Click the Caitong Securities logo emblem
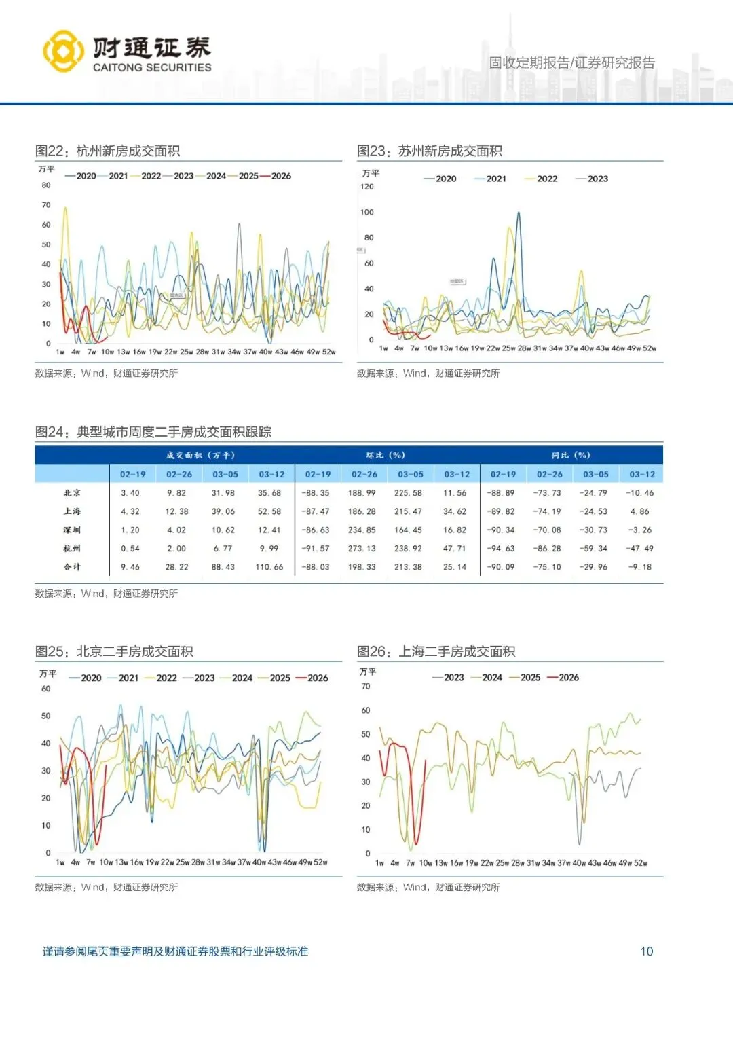pos(63,51)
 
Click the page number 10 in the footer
pos(646,951)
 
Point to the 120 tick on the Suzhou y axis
pos(366,187)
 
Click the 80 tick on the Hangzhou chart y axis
pos(46,185)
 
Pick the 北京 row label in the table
pos(72,493)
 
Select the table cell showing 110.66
pos(269,567)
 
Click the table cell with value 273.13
pos(362,549)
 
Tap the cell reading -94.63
pos(501,549)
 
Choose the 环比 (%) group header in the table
pos(386,455)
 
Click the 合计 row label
pos(72,567)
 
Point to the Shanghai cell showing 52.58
pos(269,511)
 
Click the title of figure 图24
pos(153,432)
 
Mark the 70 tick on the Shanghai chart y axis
pos(366,687)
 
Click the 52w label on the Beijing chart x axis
pos(320,862)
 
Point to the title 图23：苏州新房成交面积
pos(430,151)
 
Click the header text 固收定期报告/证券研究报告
pos(572,63)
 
